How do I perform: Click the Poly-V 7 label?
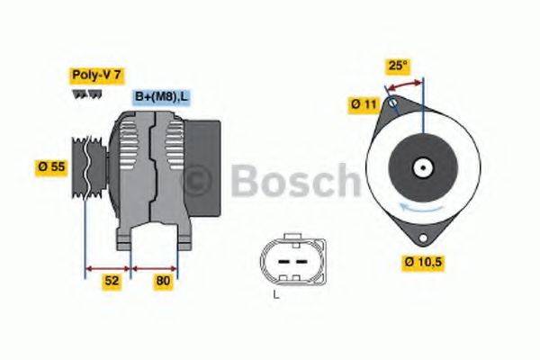tap(95, 75)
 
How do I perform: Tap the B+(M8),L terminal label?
tap(162, 96)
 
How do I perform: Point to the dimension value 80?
tap(163, 281)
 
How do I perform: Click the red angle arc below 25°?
tap(404, 83)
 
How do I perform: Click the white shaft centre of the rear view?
tap(421, 167)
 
